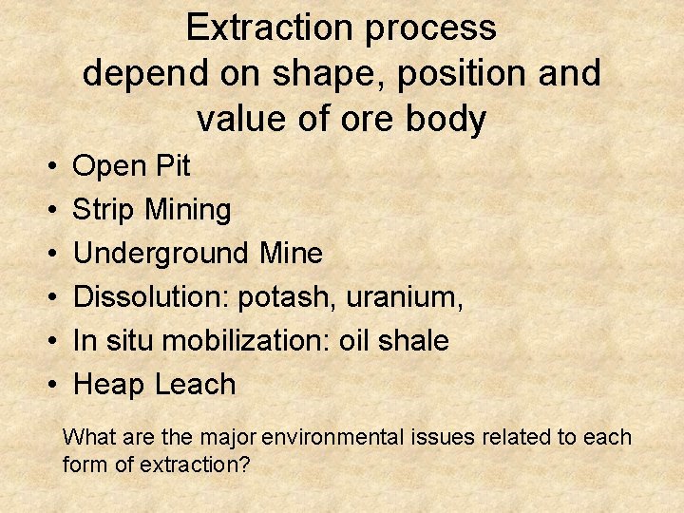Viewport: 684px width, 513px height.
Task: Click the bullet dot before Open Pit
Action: click(x=48, y=167)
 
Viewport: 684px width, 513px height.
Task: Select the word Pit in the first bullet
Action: click(x=174, y=166)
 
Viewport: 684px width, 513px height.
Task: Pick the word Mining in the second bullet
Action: click(x=188, y=210)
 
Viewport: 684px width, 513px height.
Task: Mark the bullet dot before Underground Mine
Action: click(x=48, y=255)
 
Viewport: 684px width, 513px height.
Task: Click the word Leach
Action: click(x=195, y=384)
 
